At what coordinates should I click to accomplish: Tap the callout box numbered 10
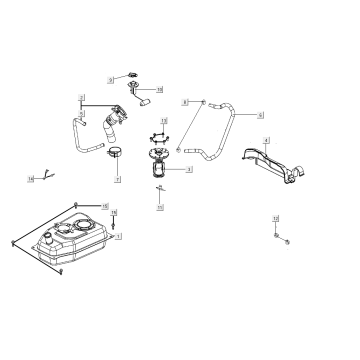(160, 91)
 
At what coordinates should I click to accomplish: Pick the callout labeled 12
(275, 217)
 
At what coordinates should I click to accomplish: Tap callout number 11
(160, 208)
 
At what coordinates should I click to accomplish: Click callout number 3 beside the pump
(189, 170)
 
